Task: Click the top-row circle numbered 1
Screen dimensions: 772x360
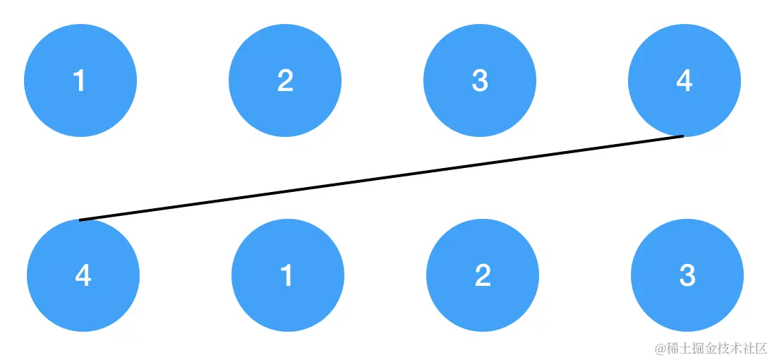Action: pos(80,80)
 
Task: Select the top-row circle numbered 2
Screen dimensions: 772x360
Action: pos(285,80)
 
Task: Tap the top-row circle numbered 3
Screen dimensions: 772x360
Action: pos(480,80)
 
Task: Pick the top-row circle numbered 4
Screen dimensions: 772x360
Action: pos(684,80)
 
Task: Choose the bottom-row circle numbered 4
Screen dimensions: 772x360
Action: pos(83,275)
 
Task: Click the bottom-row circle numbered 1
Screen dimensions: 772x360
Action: pos(288,275)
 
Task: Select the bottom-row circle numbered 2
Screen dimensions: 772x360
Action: pos(483,275)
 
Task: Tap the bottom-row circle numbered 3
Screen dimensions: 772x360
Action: pos(687,275)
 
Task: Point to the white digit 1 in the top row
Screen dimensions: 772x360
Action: pos(80,81)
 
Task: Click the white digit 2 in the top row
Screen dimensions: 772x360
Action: pos(285,81)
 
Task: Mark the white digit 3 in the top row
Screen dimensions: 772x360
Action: pos(480,81)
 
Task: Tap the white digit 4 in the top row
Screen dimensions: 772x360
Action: pos(684,81)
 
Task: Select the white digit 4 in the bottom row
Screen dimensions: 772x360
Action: pos(83,275)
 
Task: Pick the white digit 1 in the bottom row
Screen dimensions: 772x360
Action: pos(287,275)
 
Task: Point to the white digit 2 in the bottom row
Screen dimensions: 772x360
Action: pos(483,275)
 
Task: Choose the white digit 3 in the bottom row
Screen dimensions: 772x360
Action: pos(687,275)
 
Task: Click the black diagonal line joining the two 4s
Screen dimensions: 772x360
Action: pos(381,178)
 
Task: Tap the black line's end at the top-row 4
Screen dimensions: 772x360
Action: pos(682,136)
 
